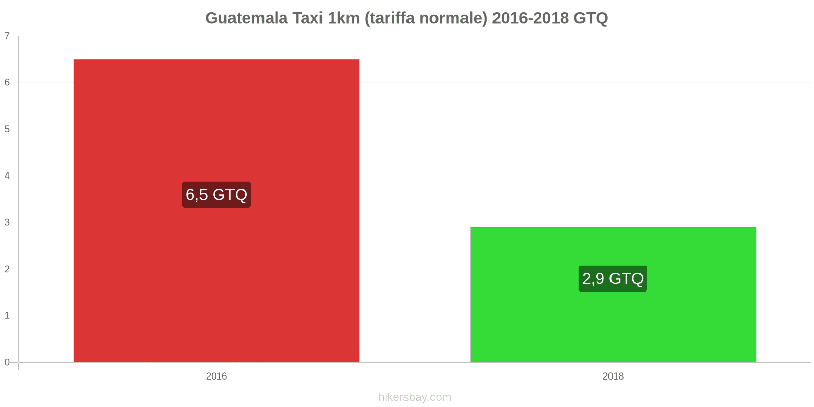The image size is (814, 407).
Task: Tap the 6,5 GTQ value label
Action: [x=216, y=195]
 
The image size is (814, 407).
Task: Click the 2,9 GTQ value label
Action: [x=613, y=278]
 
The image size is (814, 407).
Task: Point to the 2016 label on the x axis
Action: [x=216, y=376]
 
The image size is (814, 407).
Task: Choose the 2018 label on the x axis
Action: [x=613, y=376]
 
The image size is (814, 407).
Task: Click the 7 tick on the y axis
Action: [x=7, y=36]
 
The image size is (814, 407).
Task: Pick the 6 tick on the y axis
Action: [x=7, y=82]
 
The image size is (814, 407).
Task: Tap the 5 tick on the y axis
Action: [x=7, y=129]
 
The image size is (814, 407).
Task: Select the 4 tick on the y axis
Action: [x=7, y=176]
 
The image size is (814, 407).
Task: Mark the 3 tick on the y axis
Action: [x=7, y=222]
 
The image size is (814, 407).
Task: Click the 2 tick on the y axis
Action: [x=7, y=269]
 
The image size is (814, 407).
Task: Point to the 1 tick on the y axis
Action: [x=7, y=316]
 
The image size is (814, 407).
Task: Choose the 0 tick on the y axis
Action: [x=7, y=362]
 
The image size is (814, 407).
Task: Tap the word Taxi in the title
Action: [x=307, y=18]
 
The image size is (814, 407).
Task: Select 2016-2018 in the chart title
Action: [x=530, y=18]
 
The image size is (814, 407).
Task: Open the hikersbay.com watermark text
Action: [x=415, y=397]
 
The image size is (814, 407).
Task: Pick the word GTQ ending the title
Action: [x=591, y=18]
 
